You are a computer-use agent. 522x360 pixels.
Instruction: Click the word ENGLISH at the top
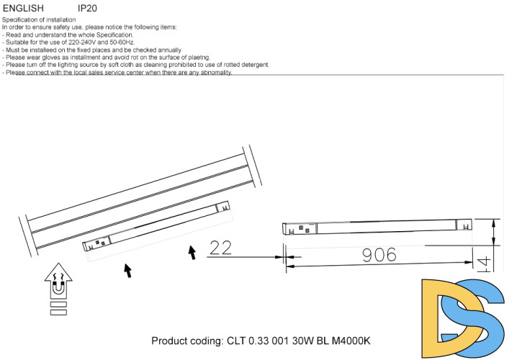click(22, 8)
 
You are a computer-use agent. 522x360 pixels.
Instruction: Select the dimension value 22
click(220, 248)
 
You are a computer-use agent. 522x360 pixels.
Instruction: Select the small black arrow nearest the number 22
click(192, 253)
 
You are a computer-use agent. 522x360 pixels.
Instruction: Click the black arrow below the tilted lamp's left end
click(127, 271)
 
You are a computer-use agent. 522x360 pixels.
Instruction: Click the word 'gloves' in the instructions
click(48, 57)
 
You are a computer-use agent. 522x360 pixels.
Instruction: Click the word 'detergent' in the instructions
click(251, 65)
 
